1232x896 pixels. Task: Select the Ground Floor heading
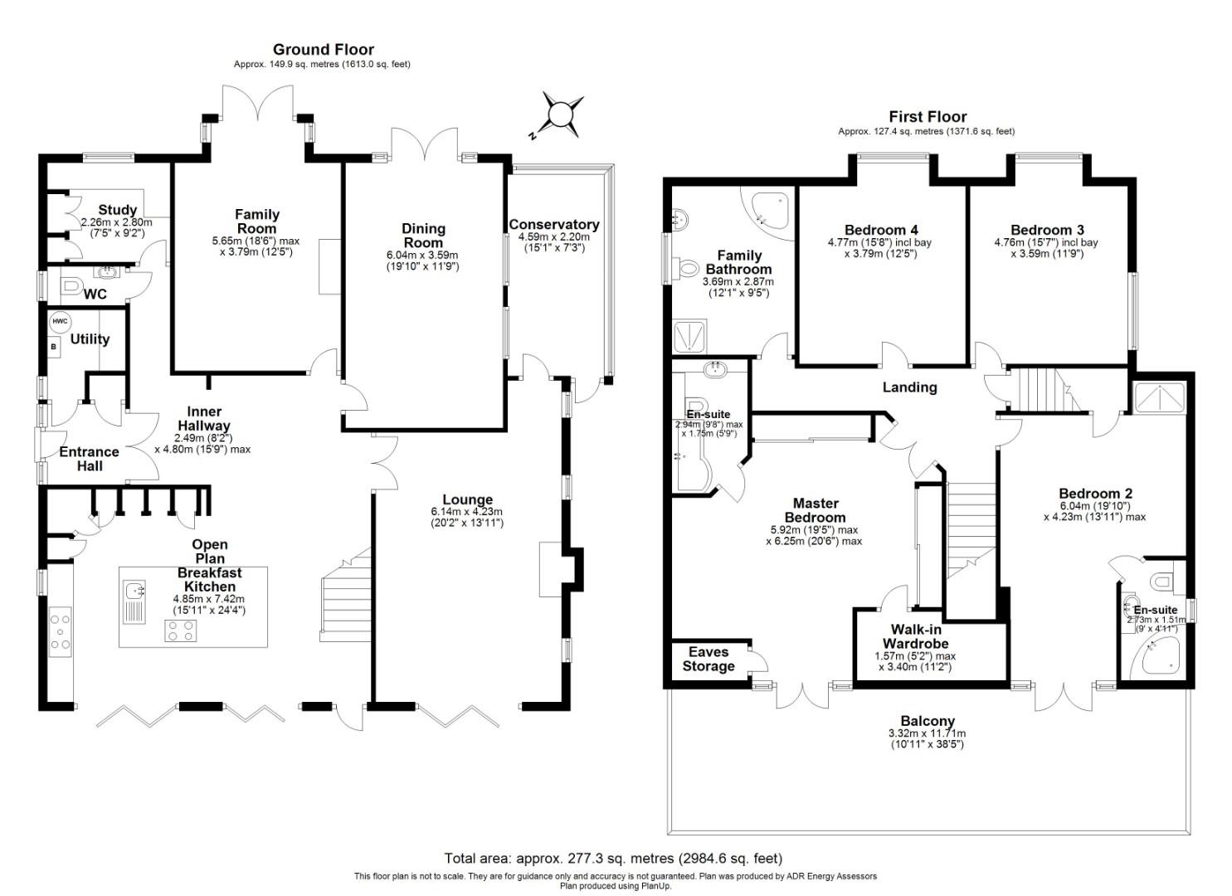tap(323, 50)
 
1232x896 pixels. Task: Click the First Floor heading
tap(927, 117)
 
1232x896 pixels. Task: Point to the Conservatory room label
tap(553, 225)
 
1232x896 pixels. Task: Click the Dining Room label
tap(423, 236)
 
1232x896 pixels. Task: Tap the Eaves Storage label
tap(708, 660)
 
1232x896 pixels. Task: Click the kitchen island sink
tap(134, 591)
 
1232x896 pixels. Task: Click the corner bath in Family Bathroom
tap(767, 207)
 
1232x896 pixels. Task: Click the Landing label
tap(909, 387)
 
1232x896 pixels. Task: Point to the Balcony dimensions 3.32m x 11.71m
tap(927, 733)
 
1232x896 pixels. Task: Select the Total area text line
tap(613, 859)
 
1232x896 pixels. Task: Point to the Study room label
tap(117, 210)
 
